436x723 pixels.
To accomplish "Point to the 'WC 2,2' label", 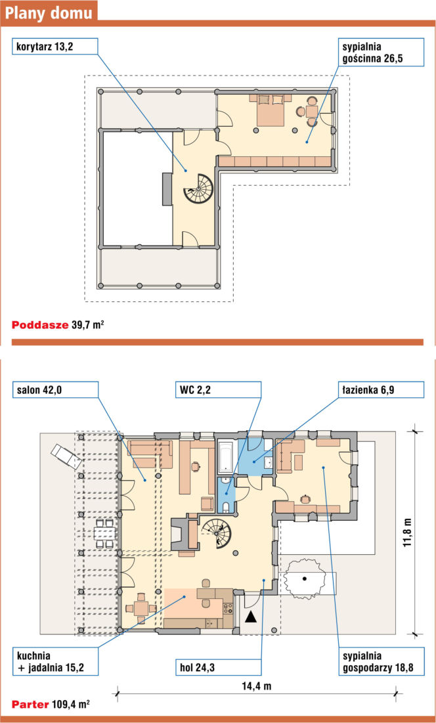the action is (218, 389).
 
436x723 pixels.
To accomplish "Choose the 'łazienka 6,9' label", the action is (380, 389).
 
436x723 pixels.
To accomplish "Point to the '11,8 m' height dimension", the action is (407, 532).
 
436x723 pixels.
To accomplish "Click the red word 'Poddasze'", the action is (40, 325).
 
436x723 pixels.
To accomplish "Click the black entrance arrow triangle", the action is (250, 615).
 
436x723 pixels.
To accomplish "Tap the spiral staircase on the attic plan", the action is (198, 188).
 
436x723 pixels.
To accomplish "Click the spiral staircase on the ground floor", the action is (216, 533).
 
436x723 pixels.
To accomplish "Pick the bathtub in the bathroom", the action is (226, 456).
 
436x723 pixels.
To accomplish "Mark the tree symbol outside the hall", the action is (304, 579).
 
